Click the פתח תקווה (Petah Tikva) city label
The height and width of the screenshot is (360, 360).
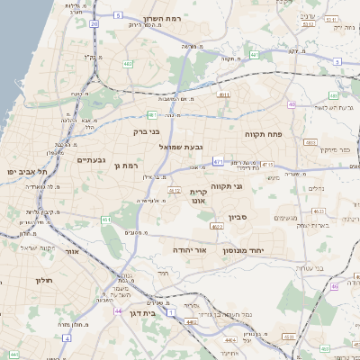point(264,132)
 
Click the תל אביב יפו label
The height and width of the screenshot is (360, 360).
point(25,171)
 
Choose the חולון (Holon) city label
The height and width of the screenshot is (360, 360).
point(44,280)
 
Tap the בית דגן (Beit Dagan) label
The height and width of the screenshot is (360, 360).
point(143,315)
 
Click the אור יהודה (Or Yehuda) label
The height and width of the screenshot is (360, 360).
point(189,249)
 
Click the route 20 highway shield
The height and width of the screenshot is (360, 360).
point(94,24)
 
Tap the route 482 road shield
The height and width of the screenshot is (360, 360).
point(128,64)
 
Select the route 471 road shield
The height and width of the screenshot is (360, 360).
point(219,162)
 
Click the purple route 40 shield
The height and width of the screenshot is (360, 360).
point(292,104)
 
